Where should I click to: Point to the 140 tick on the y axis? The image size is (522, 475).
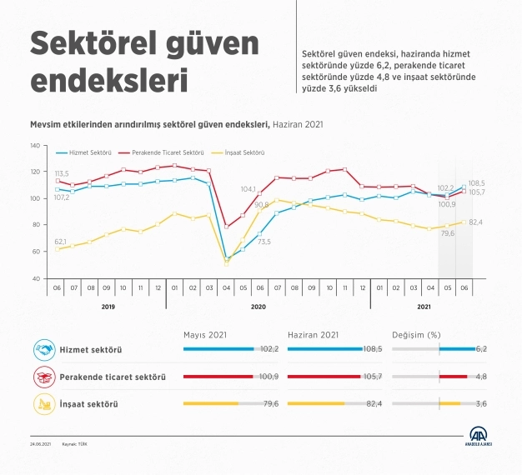(34, 146)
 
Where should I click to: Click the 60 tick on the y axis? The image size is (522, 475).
(36, 252)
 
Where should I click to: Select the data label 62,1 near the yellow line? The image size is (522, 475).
(62, 242)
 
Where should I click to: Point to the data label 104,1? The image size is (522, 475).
(249, 189)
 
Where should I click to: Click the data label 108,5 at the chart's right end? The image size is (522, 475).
(476, 183)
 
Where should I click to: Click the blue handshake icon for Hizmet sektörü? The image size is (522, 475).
(43, 350)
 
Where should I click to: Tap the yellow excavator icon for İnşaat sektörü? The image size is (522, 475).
(43, 404)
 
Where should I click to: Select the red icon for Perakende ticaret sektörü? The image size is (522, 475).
(43, 377)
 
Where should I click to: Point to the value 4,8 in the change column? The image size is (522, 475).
(481, 377)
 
